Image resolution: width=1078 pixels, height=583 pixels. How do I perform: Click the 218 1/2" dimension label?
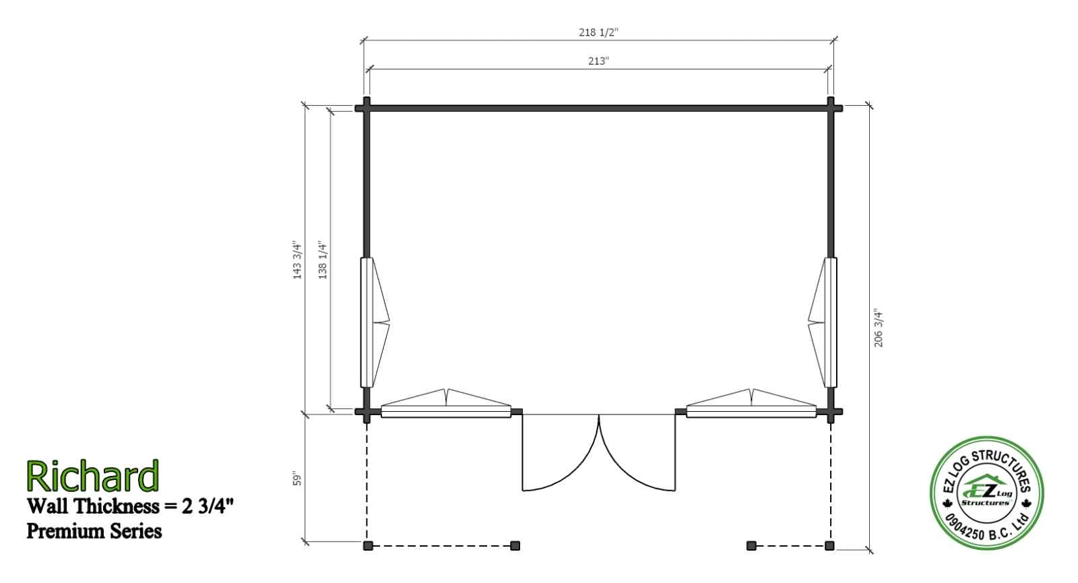click(598, 32)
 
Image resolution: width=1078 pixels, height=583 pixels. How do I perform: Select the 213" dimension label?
click(599, 61)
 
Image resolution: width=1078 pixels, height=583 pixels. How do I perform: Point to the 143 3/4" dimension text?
click(297, 260)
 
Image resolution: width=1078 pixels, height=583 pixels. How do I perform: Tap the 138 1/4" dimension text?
click(323, 260)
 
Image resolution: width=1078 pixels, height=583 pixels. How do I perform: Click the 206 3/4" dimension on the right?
click(879, 328)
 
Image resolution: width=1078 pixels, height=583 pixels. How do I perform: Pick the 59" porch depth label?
click(297, 479)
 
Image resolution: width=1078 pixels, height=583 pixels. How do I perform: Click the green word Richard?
click(92, 476)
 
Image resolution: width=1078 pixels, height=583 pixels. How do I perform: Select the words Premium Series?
click(94, 532)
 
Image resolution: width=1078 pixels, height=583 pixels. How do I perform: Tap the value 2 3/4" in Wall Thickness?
click(208, 506)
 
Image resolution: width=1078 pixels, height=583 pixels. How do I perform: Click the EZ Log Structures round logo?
click(986, 493)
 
